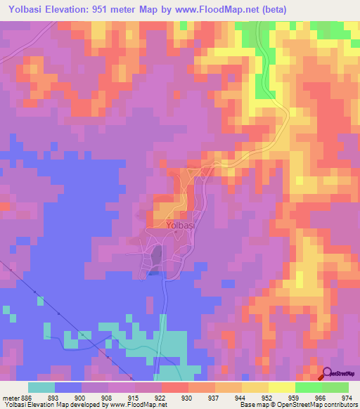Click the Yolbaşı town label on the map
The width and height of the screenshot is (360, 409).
coord(181,226)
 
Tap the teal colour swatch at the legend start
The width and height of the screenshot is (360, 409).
coord(41,387)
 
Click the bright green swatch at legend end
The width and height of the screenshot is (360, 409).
coord(335,387)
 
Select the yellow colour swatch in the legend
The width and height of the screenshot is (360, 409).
coord(281,387)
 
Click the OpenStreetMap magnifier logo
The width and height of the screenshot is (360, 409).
coord(328,375)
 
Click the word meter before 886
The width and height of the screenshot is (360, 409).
coord(11,397)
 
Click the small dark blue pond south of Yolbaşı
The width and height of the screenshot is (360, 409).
coord(153,273)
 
